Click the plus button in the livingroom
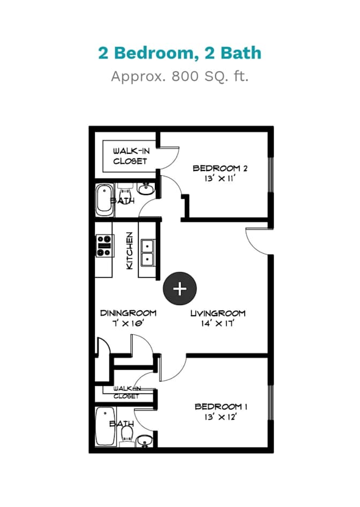pyautogui.click(x=179, y=288)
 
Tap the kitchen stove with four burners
pyautogui.click(x=104, y=246)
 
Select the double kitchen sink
pyautogui.click(x=147, y=253)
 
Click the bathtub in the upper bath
pyautogui.click(x=104, y=200)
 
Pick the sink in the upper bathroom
pyautogui.click(x=146, y=189)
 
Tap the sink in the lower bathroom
pyautogui.click(x=145, y=441)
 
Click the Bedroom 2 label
pyautogui.click(x=220, y=168)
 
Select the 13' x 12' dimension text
pyautogui.click(x=220, y=417)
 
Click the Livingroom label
pyautogui.click(x=218, y=313)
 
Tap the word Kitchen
pyautogui.click(x=129, y=251)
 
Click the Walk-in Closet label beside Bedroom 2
pyautogui.click(x=131, y=156)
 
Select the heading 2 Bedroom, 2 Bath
pyautogui.click(x=179, y=53)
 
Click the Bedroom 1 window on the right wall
pyautogui.click(x=271, y=402)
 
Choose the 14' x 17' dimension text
pyautogui.click(x=218, y=323)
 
